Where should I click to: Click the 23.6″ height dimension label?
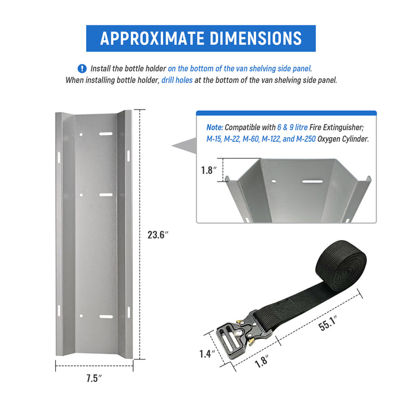(158, 234)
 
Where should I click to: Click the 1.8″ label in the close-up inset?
(208, 170)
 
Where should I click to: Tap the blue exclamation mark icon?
(82, 68)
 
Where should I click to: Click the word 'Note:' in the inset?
(215, 127)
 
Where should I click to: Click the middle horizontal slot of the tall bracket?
(106, 195)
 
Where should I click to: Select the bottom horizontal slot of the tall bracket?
(106, 316)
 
